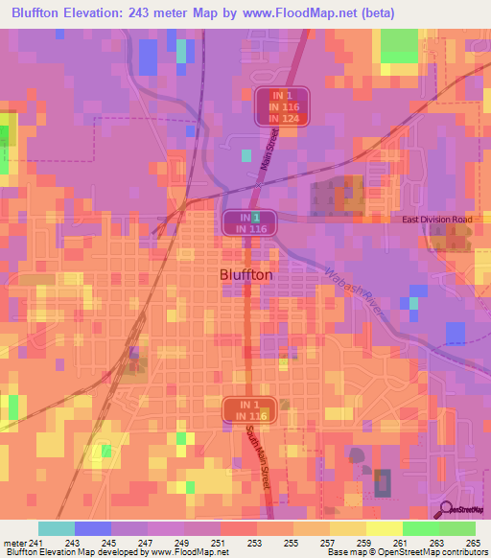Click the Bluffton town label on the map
pyautogui.click(x=241, y=274)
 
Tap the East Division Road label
pyautogui.click(x=437, y=220)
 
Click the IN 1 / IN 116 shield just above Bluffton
pyautogui.click(x=250, y=223)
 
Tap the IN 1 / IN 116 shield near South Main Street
pyautogui.click(x=250, y=409)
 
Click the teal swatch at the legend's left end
pyautogui.click(x=57, y=528)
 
